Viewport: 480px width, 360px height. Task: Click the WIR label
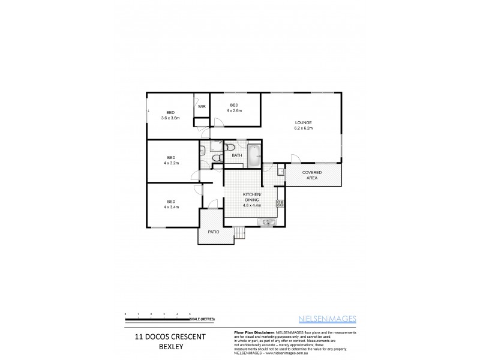tap(202, 106)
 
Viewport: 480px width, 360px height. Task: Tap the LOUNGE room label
tap(303, 122)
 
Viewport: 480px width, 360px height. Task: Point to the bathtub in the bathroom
tap(254, 155)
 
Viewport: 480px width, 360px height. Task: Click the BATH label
tap(236, 156)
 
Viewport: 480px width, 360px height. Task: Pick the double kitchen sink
tap(266, 223)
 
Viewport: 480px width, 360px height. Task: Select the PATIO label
tap(214, 231)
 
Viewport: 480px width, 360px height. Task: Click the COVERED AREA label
tap(313, 175)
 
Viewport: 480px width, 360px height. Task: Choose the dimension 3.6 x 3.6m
tap(170, 118)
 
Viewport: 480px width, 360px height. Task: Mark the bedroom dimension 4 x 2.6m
tap(234, 110)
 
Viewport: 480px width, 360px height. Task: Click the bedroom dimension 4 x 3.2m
tap(171, 163)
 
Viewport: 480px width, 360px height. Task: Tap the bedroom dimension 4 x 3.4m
tap(171, 207)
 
